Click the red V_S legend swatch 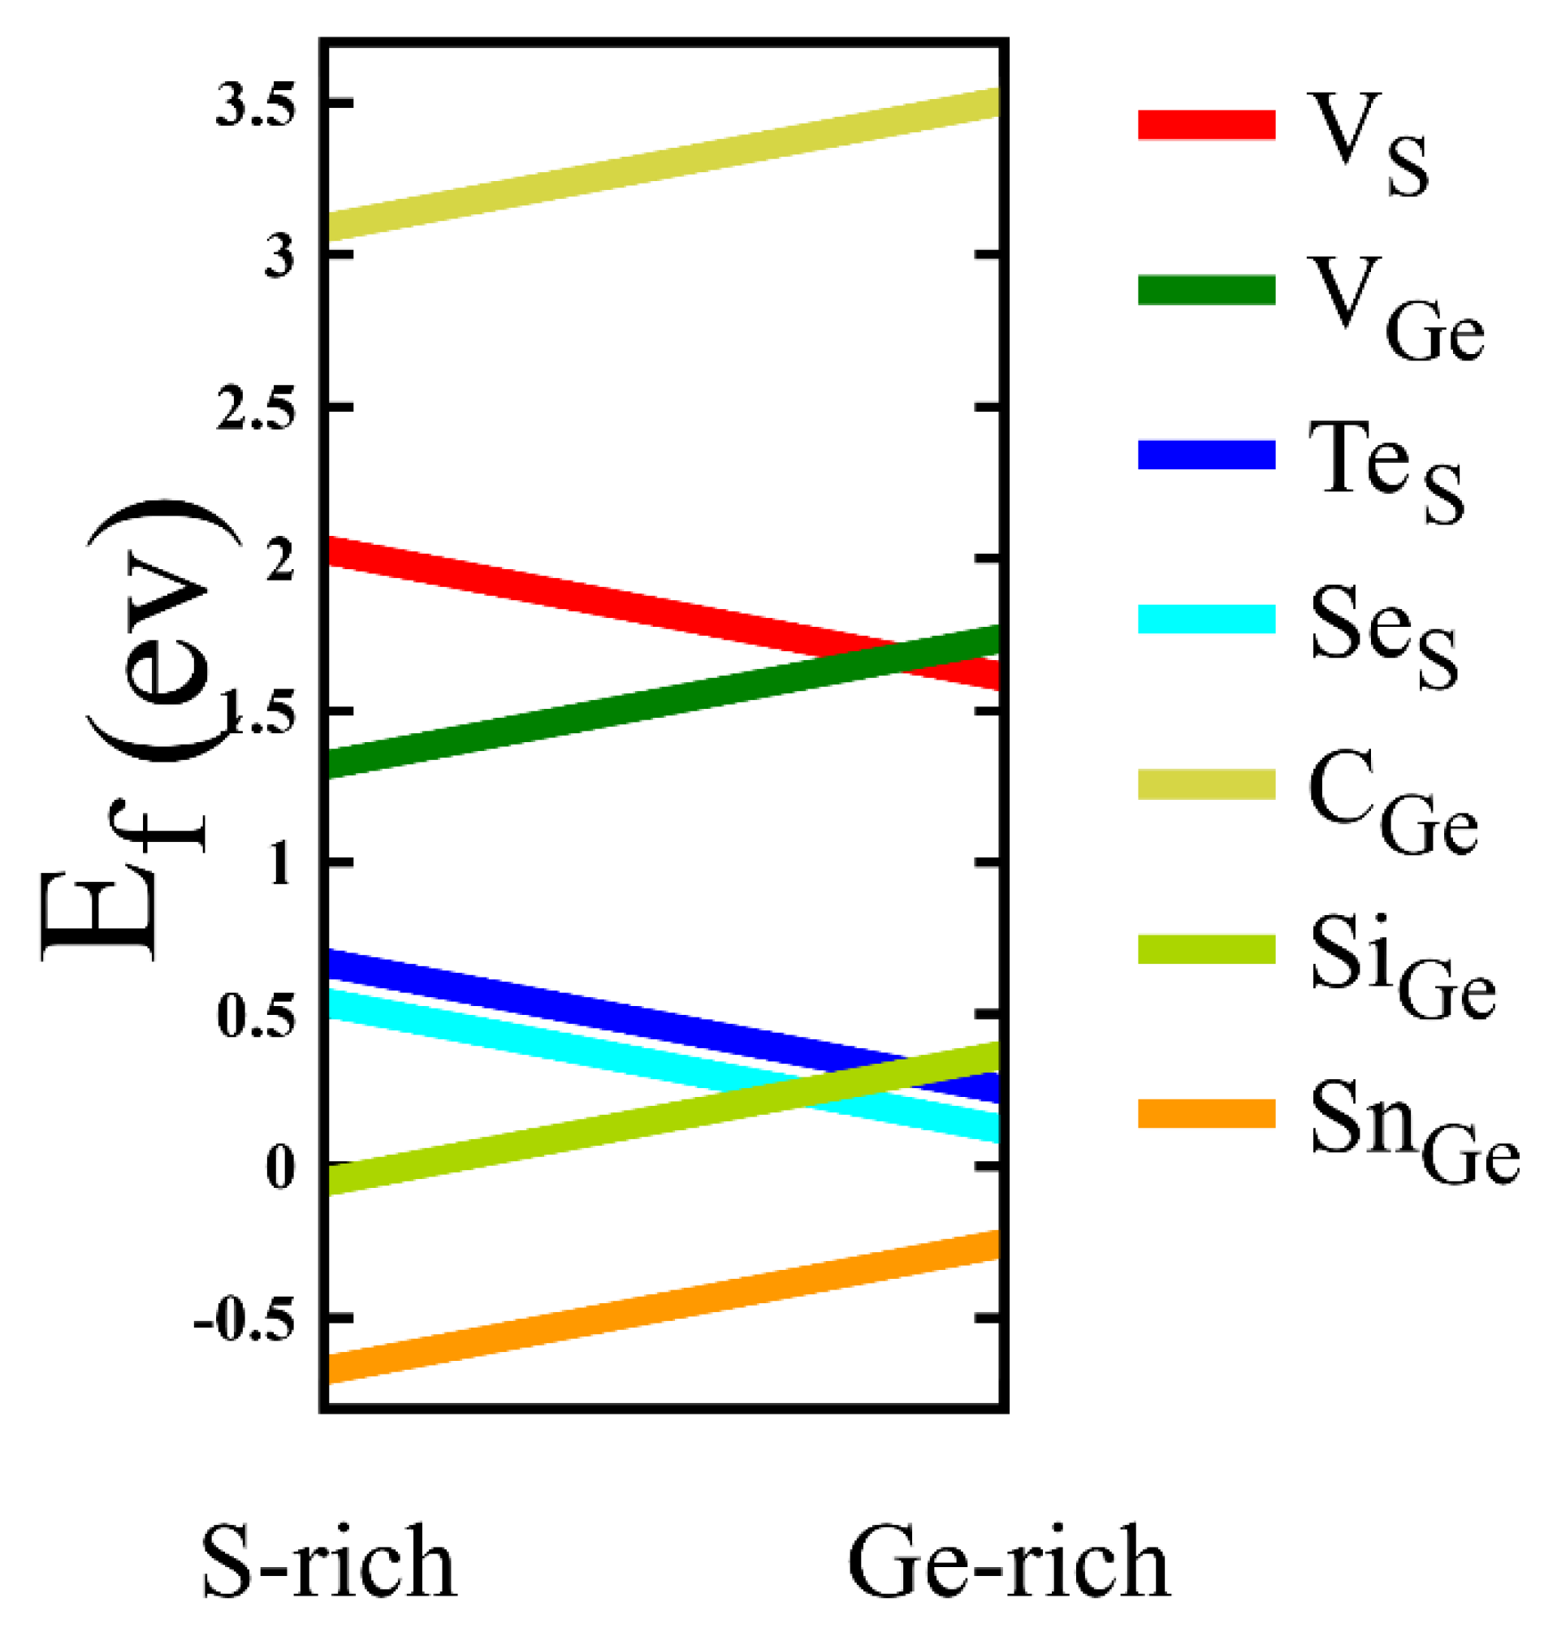click(1206, 123)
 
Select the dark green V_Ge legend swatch click(1206, 290)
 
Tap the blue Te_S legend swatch click(1206, 455)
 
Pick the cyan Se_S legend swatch click(1206, 619)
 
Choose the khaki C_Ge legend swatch click(1206, 784)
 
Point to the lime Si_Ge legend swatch click(1206, 949)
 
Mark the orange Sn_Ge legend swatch click(1206, 1113)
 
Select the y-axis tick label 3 click(279, 257)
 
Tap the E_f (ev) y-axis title click(141, 730)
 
